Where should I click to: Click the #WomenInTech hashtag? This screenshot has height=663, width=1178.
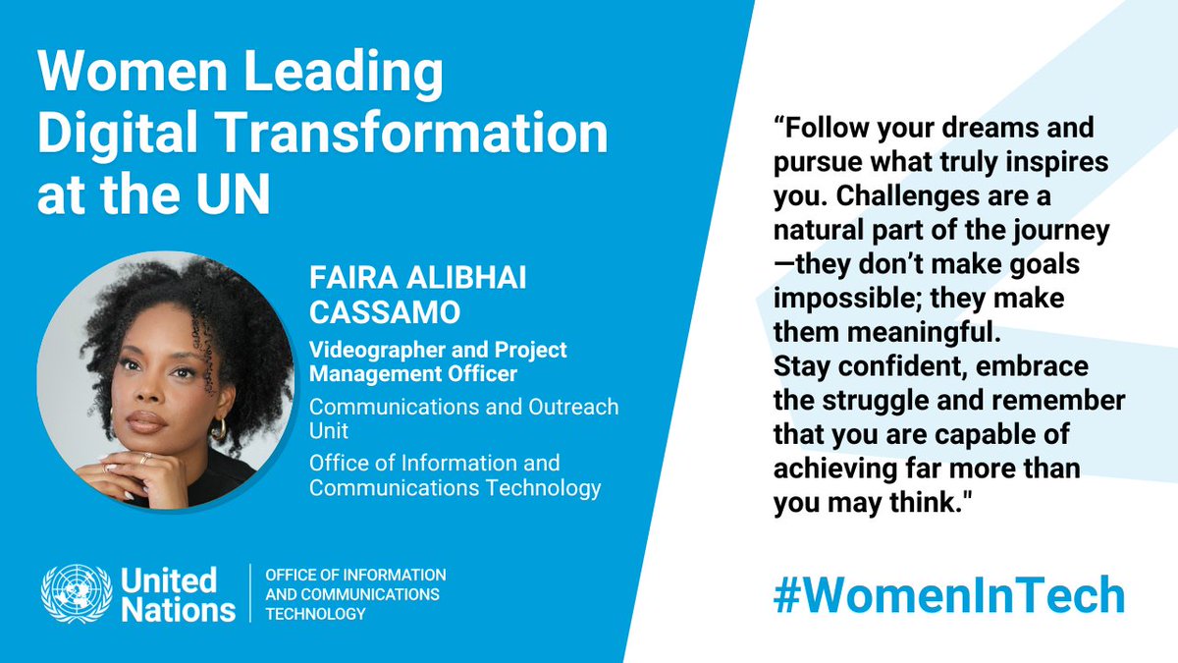(x=948, y=594)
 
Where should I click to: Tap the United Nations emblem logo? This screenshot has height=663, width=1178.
(x=76, y=595)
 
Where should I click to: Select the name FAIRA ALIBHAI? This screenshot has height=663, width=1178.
(x=417, y=279)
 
